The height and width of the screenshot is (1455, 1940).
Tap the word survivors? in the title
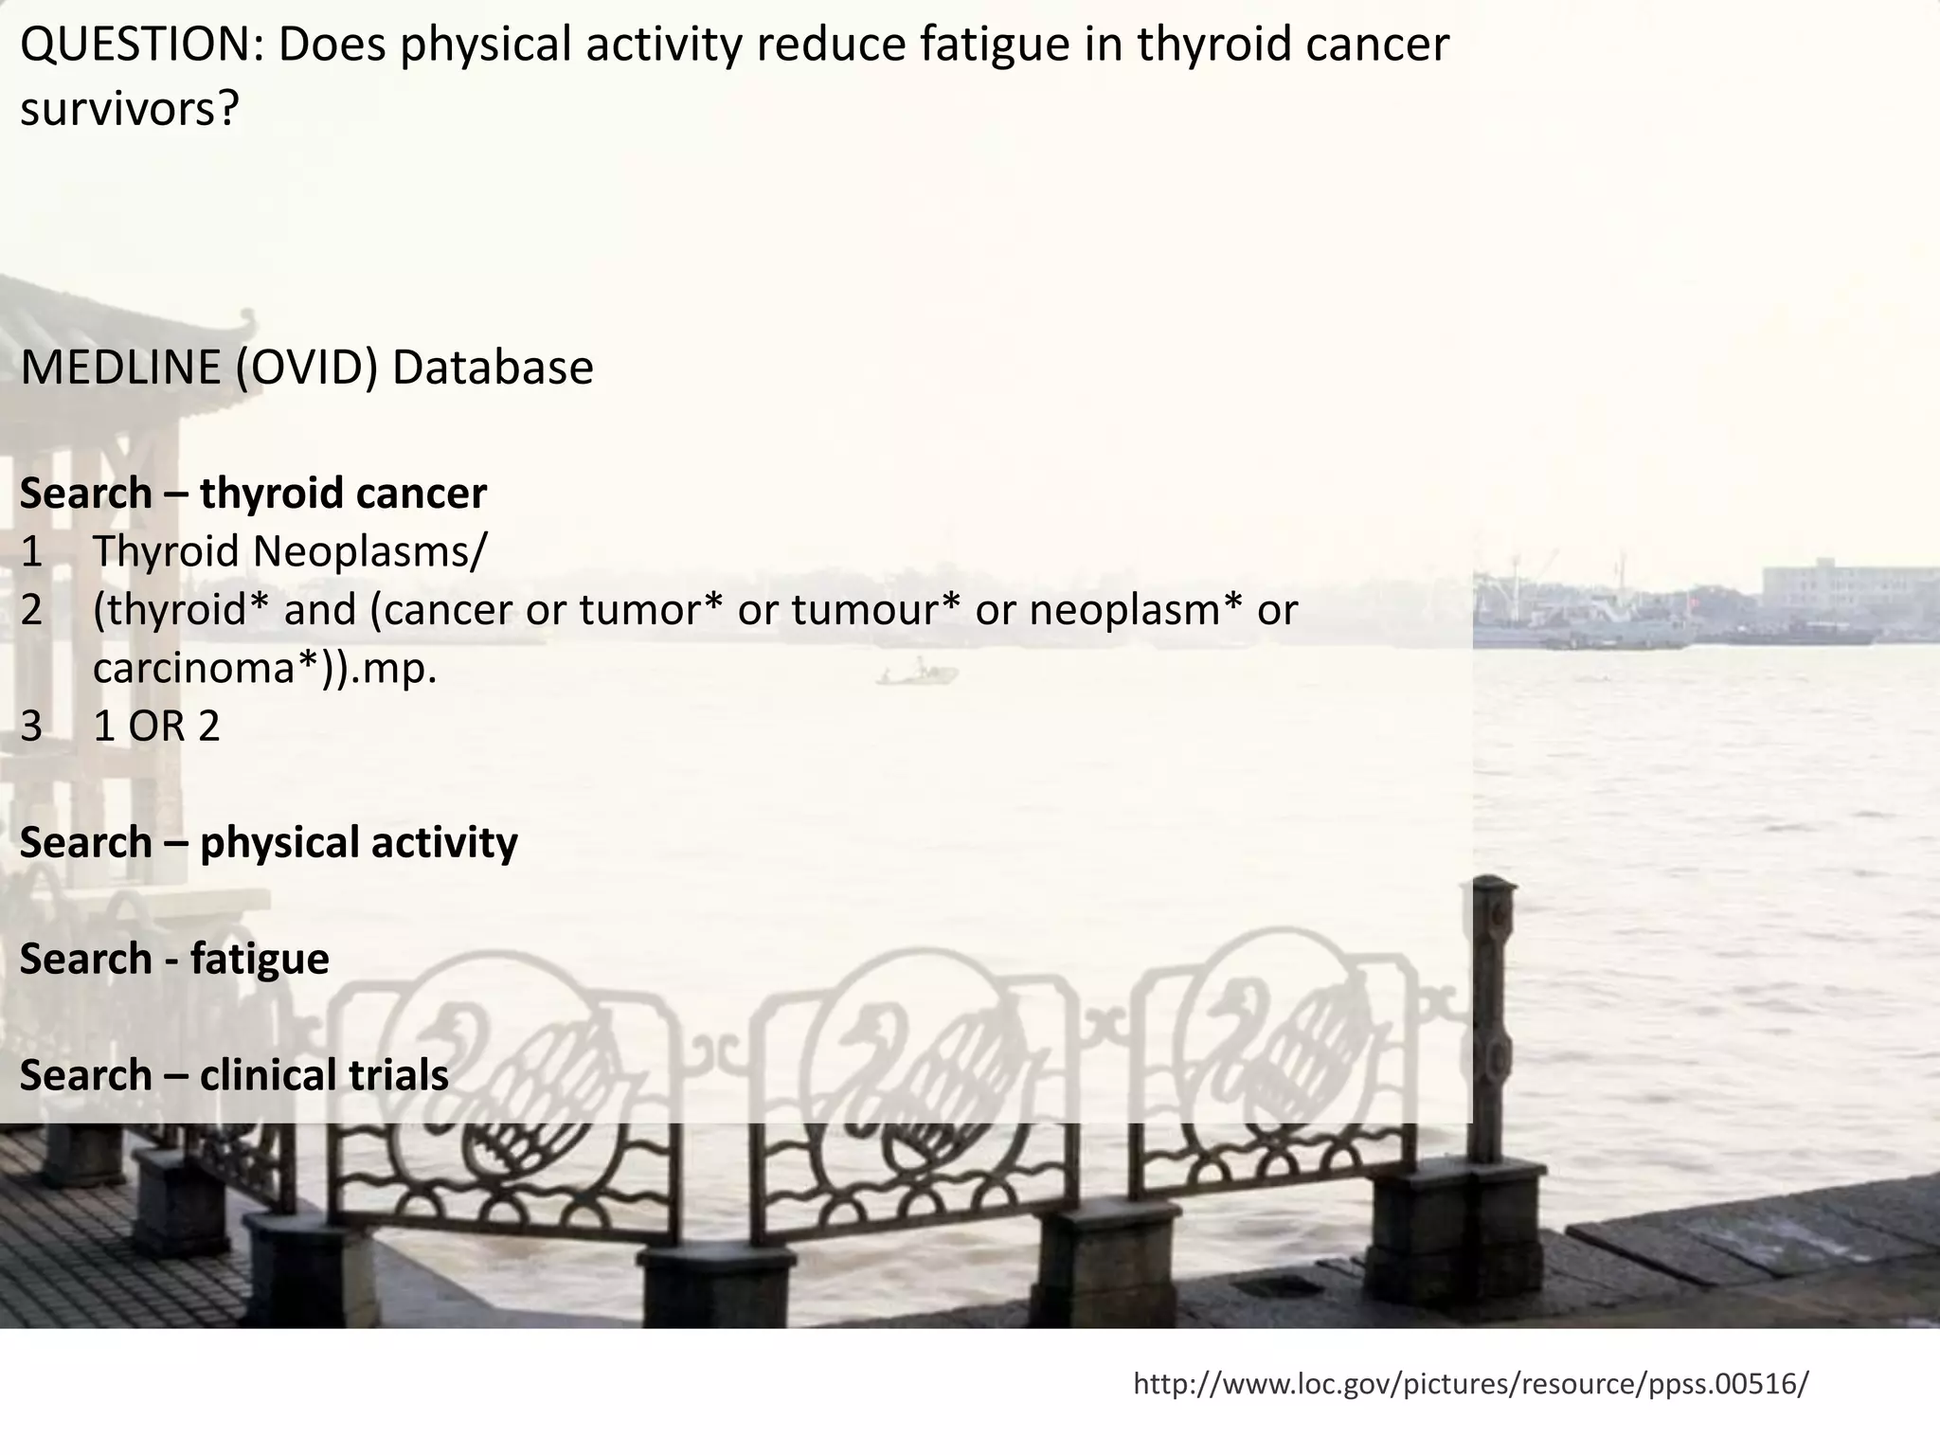click(x=130, y=111)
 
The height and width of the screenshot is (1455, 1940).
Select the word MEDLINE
click(x=119, y=368)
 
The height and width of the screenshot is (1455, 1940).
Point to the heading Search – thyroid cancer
click(x=253, y=494)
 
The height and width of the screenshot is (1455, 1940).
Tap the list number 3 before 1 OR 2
click(x=31, y=727)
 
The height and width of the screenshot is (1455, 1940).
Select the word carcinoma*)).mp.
click(x=265, y=669)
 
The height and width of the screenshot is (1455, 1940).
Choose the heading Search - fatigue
click(x=174, y=959)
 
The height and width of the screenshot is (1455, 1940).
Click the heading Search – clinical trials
click(x=234, y=1075)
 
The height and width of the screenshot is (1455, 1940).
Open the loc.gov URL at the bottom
click(x=1470, y=1384)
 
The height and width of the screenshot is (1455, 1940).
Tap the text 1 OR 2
click(x=156, y=727)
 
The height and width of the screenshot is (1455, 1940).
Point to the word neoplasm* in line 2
click(x=1136, y=610)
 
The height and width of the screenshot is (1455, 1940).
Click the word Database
click(x=493, y=368)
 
